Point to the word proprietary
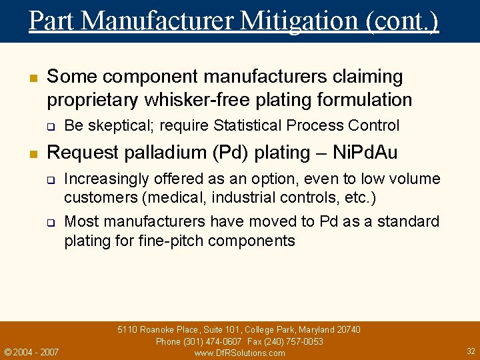88,100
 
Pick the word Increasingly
106,179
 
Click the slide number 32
471,351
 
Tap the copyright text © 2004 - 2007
31,352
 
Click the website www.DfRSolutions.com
239,353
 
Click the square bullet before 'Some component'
31,78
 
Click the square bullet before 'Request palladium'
31,153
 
